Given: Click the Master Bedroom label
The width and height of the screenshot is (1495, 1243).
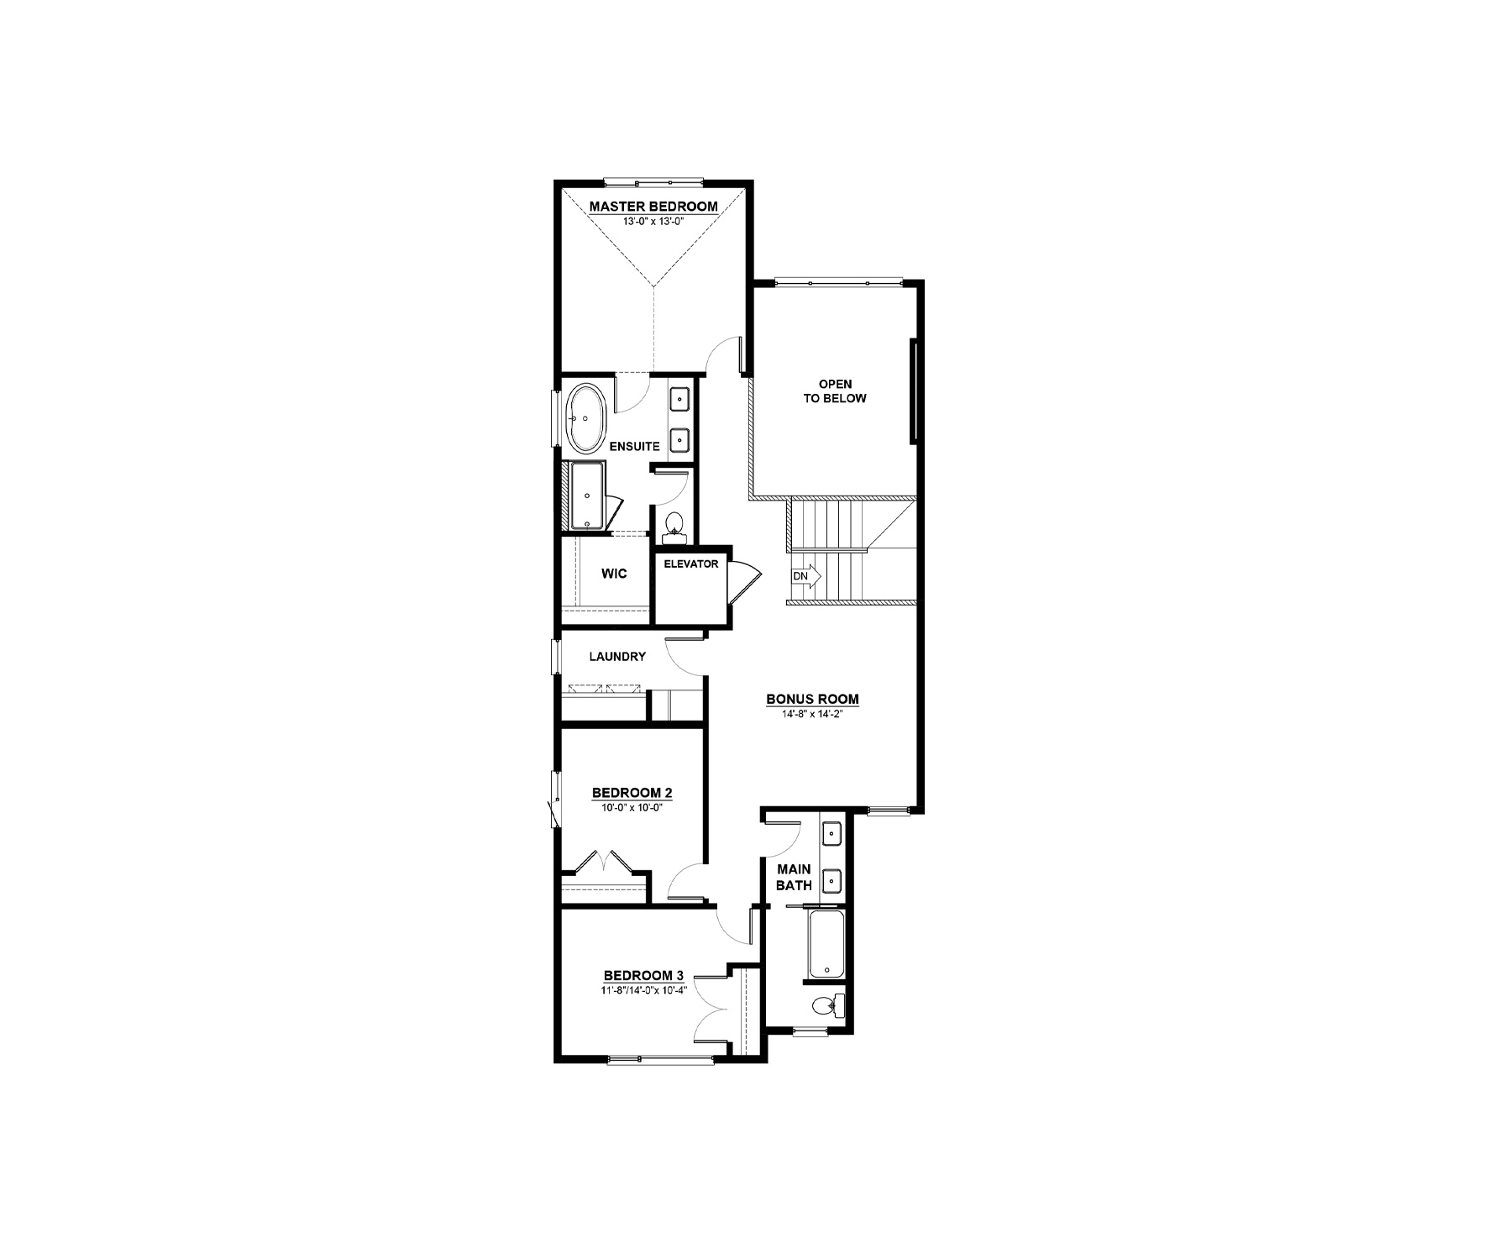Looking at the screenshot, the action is tap(653, 206).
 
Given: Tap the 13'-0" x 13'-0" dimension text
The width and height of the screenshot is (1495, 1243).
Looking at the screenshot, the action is tap(653, 222).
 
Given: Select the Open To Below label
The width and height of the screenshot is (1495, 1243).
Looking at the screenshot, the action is tap(834, 391).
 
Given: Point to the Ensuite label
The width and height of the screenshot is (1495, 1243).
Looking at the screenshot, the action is tap(634, 447).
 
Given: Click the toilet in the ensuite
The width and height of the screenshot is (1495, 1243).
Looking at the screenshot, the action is tap(674, 525).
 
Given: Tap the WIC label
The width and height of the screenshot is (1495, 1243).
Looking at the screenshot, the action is tap(614, 574).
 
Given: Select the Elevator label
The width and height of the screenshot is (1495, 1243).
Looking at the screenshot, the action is tap(691, 564).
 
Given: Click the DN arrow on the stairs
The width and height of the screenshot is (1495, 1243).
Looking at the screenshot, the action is tap(805, 576).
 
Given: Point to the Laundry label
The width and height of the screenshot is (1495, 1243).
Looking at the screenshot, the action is tap(617, 657).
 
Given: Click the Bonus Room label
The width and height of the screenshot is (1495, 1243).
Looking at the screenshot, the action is tap(812, 699).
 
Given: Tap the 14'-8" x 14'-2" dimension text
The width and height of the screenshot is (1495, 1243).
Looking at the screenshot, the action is tap(812, 714).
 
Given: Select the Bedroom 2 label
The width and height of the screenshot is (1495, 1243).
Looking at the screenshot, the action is tap(632, 792).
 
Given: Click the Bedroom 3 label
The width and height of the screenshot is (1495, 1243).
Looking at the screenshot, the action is tap(643, 975).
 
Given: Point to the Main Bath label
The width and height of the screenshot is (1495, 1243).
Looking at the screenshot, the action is tap(794, 878).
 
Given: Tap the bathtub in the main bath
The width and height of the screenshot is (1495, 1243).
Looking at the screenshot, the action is tap(827, 945).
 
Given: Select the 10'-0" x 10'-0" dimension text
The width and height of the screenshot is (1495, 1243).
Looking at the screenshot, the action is tap(632, 806).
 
